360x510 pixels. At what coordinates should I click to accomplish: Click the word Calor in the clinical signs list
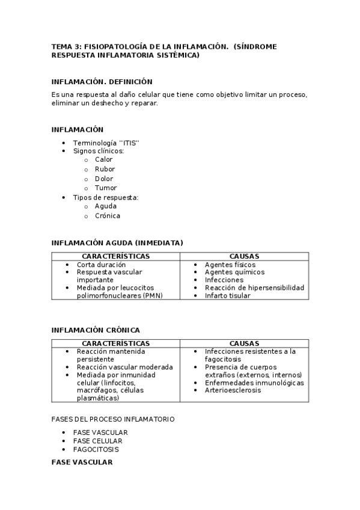tap(103, 160)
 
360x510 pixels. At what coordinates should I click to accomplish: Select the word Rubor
tap(105, 170)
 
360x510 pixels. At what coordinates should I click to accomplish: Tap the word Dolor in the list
tap(104, 179)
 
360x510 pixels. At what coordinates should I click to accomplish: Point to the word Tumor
tap(106, 188)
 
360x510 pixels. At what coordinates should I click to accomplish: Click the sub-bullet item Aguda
tap(106, 206)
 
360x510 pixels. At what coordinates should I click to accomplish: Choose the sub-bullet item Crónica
tap(107, 216)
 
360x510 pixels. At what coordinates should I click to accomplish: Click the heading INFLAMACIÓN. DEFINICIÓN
tap(102, 82)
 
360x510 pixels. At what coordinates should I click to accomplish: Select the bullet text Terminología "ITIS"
tap(106, 143)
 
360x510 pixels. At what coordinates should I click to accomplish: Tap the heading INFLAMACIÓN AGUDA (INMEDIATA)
tap(117, 243)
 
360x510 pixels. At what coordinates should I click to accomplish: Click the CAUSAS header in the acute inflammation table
tap(244, 256)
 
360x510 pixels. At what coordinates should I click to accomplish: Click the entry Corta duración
tap(101, 265)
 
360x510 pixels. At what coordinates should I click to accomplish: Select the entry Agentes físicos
tap(230, 265)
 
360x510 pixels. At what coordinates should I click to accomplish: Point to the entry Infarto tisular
tap(227, 296)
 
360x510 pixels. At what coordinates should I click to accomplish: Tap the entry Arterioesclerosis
tap(233, 390)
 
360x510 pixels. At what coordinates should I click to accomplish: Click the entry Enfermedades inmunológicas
tap(254, 383)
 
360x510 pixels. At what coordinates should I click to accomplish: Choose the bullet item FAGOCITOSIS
tap(96, 449)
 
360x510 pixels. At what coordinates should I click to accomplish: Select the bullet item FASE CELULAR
tap(97, 441)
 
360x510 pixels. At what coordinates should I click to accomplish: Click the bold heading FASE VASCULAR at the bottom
tap(82, 462)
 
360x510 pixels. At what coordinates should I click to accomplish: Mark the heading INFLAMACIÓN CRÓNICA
tap(96, 330)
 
